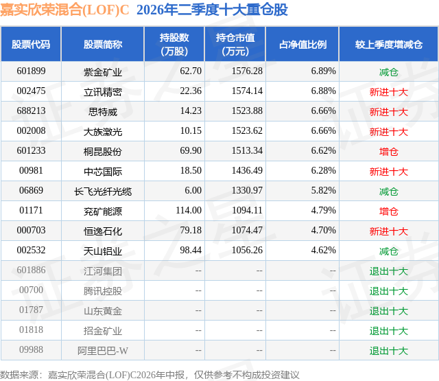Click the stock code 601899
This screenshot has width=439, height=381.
click(31, 71)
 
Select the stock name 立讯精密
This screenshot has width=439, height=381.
click(103, 92)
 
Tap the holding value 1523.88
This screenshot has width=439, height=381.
click(247, 111)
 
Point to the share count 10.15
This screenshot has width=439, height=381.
click(191, 131)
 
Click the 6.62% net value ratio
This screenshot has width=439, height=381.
click(323, 151)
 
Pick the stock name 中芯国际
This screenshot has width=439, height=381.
click(103, 172)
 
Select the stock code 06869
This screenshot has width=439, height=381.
click(31, 191)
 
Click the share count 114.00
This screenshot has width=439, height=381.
click(189, 210)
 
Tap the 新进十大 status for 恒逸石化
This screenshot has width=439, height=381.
click(389, 231)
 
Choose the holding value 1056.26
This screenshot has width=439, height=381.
click(247, 250)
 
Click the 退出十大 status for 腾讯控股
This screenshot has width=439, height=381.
click(389, 291)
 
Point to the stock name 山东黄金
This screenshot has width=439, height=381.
click(103, 311)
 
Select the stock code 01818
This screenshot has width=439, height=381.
click(31, 330)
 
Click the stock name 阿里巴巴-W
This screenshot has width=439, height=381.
click(103, 351)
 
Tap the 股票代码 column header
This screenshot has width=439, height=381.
click(31, 44)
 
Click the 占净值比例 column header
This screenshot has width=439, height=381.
click(302, 44)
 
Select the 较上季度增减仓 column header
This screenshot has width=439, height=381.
click(389, 44)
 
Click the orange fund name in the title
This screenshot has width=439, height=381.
click(64, 10)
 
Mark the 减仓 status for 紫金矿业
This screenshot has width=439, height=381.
click(389, 72)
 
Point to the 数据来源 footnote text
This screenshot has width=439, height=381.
click(150, 375)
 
